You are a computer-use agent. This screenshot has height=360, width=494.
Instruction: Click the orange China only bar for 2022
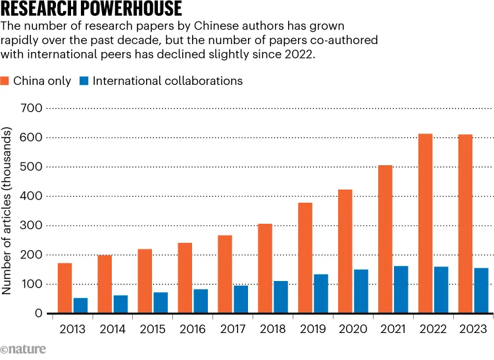tap(426, 224)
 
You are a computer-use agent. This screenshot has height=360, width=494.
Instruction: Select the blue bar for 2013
tap(81, 305)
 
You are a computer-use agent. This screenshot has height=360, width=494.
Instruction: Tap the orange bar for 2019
tap(305, 258)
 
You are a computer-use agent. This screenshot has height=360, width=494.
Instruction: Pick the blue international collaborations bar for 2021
tap(401, 290)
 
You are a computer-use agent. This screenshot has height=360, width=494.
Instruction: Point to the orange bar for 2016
tap(185, 278)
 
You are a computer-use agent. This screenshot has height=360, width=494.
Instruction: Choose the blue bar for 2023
tap(482, 291)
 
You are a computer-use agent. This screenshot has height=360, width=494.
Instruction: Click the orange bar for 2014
tap(105, 284)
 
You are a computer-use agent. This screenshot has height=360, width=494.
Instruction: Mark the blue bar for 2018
tap(281, 297)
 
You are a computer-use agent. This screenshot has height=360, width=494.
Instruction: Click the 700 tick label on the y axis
tap(31, 108)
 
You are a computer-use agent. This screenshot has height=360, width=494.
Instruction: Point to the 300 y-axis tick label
tap(31, 225)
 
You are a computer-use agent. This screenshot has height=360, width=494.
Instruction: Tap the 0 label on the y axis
tap(38, 313)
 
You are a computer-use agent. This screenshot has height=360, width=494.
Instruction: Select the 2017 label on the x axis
tap(232, 329)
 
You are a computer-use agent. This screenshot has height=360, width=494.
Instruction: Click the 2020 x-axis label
tap(353, 329)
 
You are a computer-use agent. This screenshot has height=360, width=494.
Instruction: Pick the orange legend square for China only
tap(5, 81)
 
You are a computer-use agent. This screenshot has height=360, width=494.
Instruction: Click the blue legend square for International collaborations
tap(84, 81)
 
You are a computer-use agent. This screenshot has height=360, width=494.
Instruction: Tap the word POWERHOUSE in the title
tap(131, 8)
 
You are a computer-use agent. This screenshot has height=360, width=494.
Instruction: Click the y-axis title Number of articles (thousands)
tap(7, 211)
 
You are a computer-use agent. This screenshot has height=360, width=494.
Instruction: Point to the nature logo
tap(23, 349)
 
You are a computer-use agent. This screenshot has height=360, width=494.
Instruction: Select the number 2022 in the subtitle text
tap(299, 54)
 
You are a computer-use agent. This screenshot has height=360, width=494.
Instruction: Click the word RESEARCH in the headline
tap(39, 8)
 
